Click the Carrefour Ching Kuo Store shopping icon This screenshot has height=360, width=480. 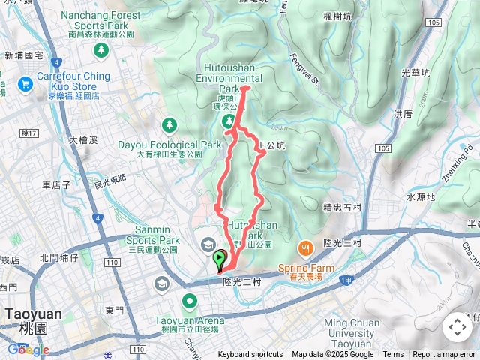pyautogui.click(x=26, y=82)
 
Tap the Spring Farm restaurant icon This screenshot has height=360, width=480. pyautogui.click(x=305, y=247)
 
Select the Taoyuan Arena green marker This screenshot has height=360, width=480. pyautogui.click(x=190, y=302)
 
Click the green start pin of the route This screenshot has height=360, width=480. pyautogui.click(x=219, y=259)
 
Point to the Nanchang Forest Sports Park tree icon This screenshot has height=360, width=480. pyautogui.click(x=100, y=50)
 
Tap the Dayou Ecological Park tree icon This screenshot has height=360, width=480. pyautogui.click(x=169, y=124)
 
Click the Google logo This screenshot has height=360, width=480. pyautogui.click(x=28, y=349)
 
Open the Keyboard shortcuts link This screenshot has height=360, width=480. pyautogui.click(x=251, y=355)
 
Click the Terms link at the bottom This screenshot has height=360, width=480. pyautogui.click(x=393, y=355)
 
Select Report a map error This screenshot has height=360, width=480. pyautogui.click(x=444, y=355)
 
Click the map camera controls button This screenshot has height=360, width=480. pyautogui.click(x=456, y=327)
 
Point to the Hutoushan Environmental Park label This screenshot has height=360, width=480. pyautogui.click(x=229, y=77)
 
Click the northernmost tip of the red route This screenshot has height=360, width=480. pyautogui.click(x=246, y=88)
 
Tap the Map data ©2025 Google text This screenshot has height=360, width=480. pyautogui.click(x=332, y=355)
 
